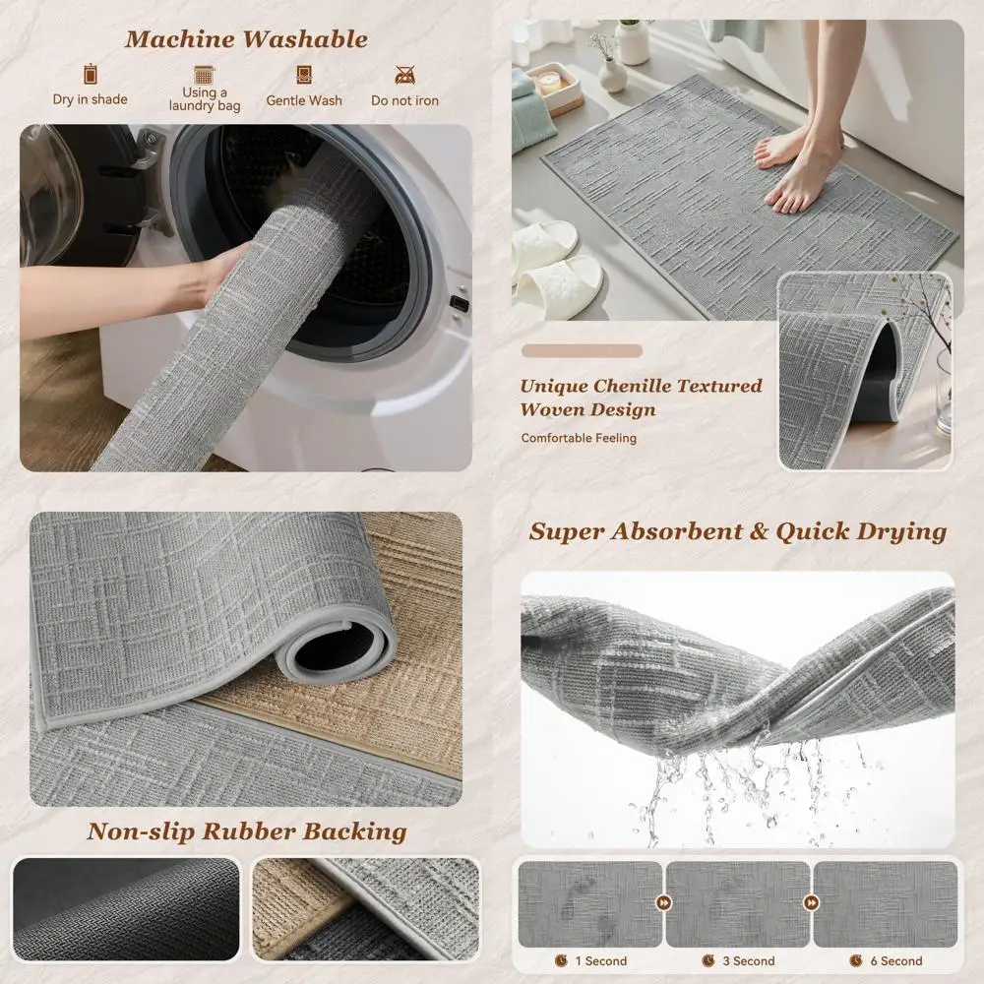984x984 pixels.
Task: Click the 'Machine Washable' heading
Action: (x=245, y=39)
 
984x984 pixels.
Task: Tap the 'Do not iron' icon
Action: (x=404, y=75)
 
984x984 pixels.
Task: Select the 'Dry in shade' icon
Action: (x=91, y=74)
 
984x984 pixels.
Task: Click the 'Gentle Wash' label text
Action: (x=304, y=100)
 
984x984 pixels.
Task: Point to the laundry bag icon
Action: (x=205, y=75)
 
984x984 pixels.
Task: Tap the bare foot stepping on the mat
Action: (x=802, y=182)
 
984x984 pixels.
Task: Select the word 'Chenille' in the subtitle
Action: (x=643, y=386)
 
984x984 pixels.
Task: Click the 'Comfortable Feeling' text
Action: (x=579, y=438)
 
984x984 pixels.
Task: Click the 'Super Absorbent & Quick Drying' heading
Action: (x=737, y=531)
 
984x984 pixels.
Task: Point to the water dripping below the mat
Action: (x=728, y=787)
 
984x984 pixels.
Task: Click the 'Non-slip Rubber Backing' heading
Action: (x=246, y=831)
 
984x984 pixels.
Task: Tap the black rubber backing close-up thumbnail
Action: (x=126, y=908)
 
